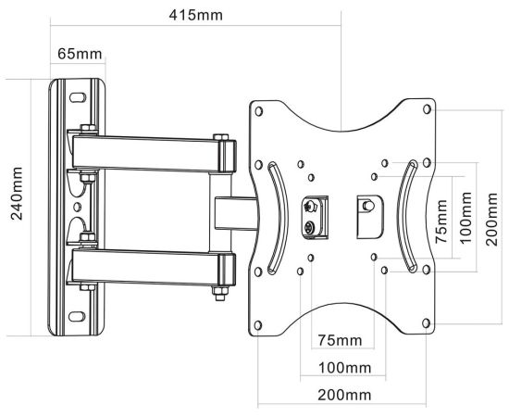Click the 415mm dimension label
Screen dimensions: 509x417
196,15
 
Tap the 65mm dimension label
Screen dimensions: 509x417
80,54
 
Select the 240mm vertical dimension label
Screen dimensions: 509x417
17,194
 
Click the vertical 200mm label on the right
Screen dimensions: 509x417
491,219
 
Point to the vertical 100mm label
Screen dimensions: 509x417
466,218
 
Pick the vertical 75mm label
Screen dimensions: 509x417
441,221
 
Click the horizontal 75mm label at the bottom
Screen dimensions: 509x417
340,340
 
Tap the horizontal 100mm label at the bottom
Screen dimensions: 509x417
344,368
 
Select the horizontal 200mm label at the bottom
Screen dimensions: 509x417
344,396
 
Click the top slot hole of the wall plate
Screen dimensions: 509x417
78,97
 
